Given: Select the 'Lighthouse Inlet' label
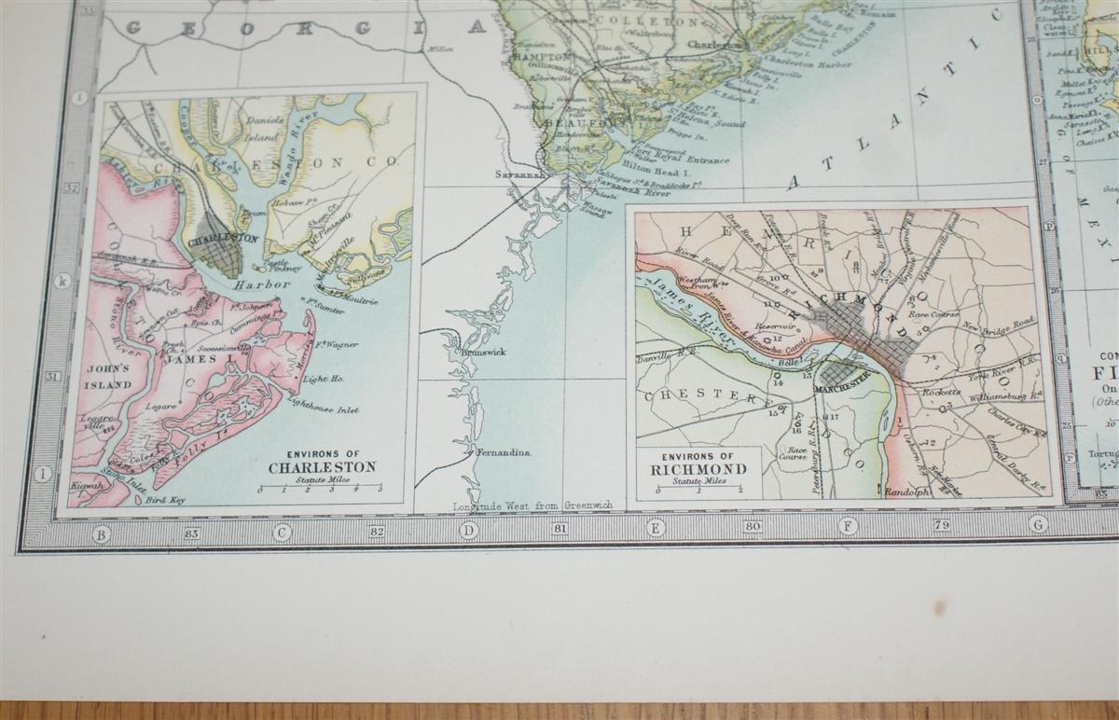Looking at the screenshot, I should (x=323, y=407).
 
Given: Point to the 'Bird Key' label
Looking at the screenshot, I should (x=165, y=500).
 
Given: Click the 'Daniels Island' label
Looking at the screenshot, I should (x=263, y=128).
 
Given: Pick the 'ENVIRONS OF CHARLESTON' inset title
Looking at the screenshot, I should (x=322, y=463).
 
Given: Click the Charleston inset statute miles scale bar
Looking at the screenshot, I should (x=320, y=486).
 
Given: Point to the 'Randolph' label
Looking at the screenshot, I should (x=908, y=492).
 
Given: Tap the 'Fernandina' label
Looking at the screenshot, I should (x=504, y=452).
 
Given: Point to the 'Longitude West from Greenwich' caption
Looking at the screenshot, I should (x=532, y=505).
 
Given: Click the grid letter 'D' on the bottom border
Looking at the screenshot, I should (x=468, y=530).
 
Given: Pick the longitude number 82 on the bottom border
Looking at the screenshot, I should (x=378, y=531).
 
